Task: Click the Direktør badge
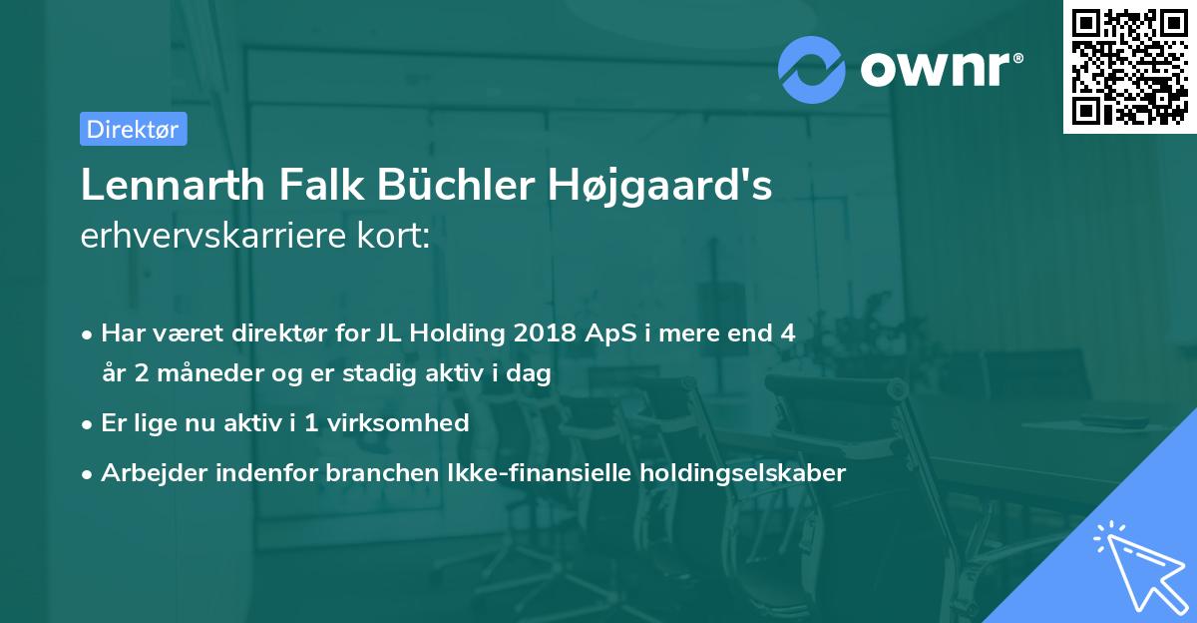(133, 129)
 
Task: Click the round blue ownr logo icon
(811, 67)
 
